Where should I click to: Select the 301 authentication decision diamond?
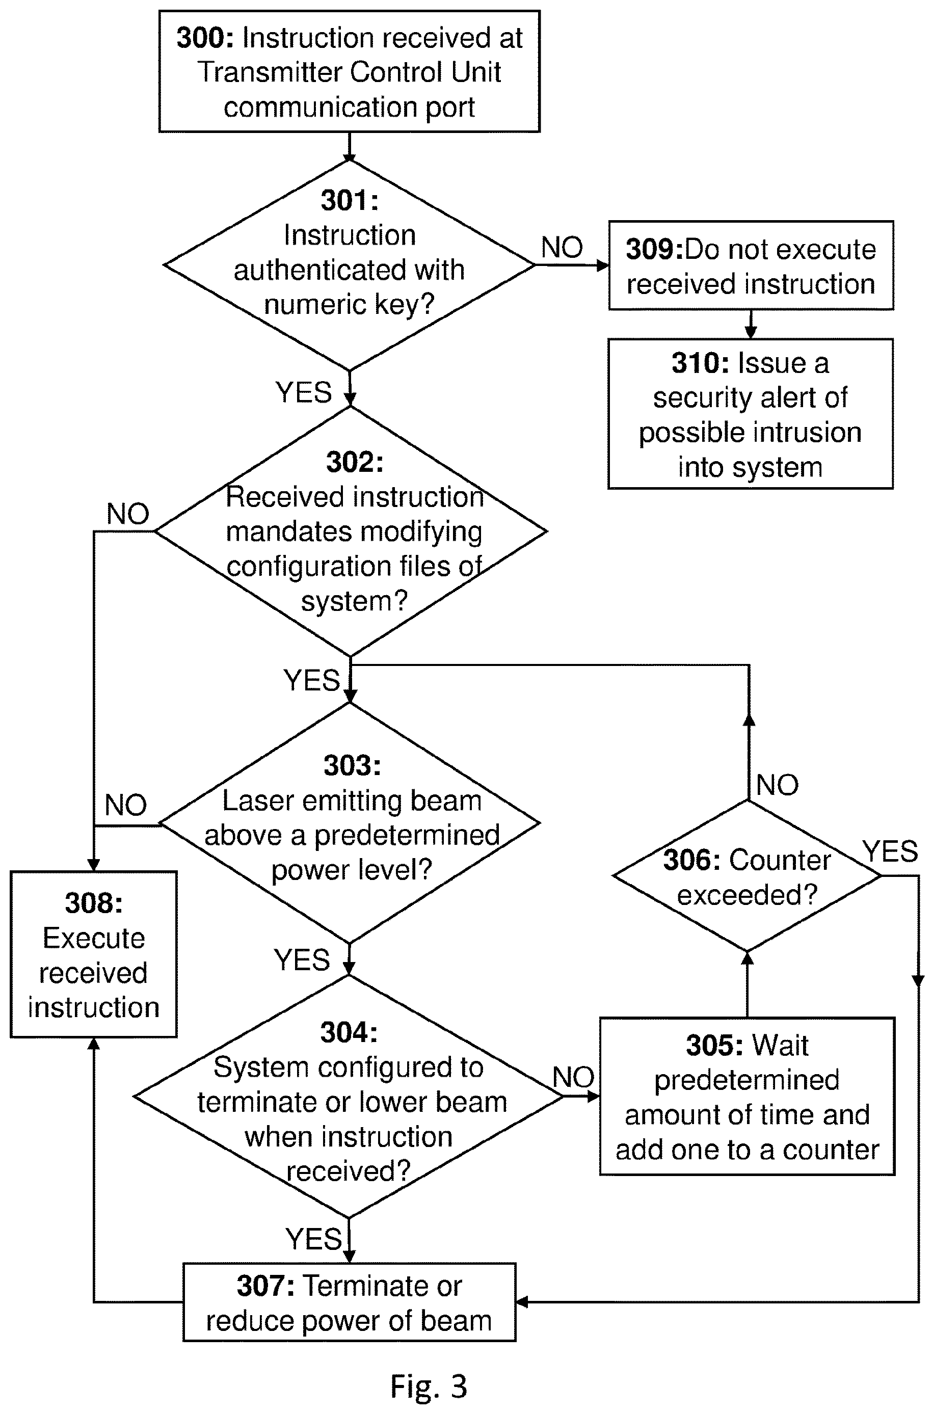[349, 265]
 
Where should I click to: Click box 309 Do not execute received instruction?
[751, 265]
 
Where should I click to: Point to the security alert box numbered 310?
[751, 414]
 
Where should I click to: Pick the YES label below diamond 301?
[304, 393]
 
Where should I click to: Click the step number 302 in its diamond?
[355, 462]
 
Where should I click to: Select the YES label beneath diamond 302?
[311, 680]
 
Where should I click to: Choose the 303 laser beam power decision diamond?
[350, 823]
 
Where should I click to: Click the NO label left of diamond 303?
[125, 805]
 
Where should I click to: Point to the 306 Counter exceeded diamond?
[748, 875]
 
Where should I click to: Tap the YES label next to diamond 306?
[890, 851]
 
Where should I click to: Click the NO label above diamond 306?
[777, 785]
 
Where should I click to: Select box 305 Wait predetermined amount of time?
[748, 1097]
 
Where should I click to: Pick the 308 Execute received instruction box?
[93, 954]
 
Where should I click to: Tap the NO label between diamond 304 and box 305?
[574, 1077]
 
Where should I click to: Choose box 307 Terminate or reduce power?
[349, 1302]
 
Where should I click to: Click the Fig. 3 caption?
[429, 1386]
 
